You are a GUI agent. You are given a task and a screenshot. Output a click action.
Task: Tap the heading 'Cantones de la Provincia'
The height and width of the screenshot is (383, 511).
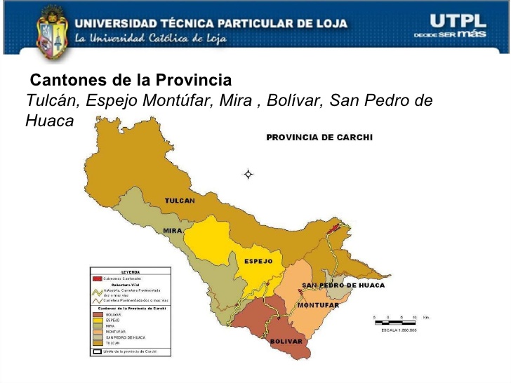131,80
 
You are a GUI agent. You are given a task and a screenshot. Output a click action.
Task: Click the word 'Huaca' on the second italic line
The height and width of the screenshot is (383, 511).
49,121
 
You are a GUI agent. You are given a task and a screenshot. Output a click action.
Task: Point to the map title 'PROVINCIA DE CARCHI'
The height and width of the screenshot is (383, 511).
319,137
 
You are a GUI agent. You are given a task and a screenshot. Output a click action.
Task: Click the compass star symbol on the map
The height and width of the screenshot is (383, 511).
248,173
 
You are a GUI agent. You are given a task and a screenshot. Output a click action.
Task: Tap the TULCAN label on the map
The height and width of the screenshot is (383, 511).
180,201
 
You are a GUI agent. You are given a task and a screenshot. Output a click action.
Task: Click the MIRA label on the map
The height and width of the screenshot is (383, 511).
173,231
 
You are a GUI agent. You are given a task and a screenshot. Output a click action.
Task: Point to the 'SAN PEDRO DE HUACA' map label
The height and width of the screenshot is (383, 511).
343,285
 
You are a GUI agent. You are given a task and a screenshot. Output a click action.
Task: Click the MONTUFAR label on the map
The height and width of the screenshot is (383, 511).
318,305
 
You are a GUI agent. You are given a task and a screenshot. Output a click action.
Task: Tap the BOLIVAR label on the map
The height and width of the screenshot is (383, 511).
286,341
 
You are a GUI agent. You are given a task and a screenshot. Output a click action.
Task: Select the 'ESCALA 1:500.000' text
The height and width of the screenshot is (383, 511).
399,330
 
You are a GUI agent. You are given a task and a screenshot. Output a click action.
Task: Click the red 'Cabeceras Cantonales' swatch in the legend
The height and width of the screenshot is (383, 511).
98,278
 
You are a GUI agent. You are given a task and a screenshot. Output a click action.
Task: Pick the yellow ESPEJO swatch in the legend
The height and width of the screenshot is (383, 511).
98,321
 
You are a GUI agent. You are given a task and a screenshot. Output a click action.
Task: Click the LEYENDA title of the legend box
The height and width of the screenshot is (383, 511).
131,271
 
